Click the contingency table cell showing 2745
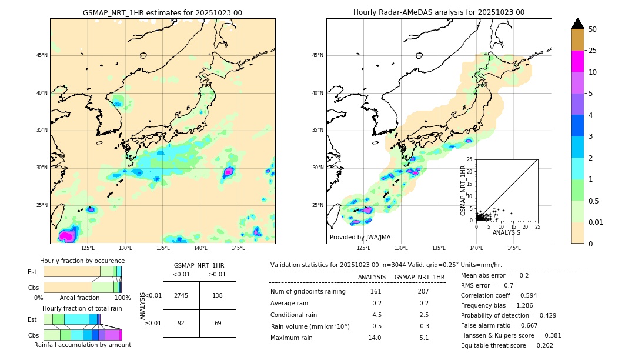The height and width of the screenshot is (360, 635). pos(181,295)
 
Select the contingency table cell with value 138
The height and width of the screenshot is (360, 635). pos(218,295)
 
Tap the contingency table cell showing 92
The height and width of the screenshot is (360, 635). pos(181,323)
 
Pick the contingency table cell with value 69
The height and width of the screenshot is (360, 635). pos(218,323)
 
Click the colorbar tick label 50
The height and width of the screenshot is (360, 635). pos(593,29)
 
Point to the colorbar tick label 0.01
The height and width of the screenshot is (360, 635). pos(596,222)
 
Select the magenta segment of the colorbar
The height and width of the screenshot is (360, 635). pos(577,61)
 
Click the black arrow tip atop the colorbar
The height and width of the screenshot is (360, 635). pos(577,22)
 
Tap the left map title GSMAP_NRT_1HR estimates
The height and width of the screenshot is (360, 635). pos(162,12)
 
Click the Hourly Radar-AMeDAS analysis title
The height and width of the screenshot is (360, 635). pos(439,12)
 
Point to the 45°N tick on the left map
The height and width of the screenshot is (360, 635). pos(42,55)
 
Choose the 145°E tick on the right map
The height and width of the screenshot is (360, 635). pos(514,248)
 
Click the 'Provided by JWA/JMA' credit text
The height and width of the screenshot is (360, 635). pos(360,238)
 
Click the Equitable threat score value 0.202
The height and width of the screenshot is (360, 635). pos(540,345)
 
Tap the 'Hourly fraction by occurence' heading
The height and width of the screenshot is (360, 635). pos(82,261)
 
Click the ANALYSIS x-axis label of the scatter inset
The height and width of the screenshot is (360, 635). pos(506,232)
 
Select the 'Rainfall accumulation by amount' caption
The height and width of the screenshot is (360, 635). pos(82,345)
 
